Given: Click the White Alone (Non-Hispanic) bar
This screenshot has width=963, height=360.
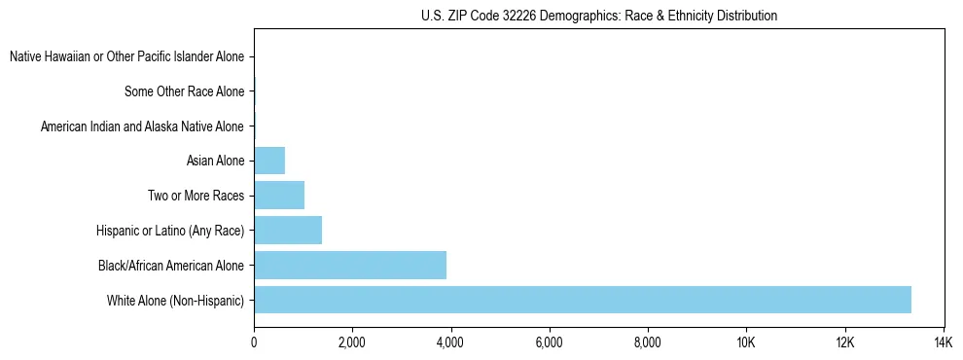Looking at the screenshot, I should click(x=582, y=300).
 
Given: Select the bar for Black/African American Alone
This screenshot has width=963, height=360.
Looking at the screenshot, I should click(x=350, y=265).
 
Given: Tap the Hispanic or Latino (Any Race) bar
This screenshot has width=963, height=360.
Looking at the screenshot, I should click(x=288, y=231).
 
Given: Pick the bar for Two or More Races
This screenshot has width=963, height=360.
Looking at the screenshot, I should click(x=279, y=196).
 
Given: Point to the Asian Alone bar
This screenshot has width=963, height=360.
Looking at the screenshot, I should click(x=269, y=161).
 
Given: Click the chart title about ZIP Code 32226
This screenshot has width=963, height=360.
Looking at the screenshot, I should click(x=599, y=17).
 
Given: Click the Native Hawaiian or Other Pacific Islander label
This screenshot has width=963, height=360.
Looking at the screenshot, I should click(x=126, y=57).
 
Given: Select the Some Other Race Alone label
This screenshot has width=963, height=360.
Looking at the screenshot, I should click(x=184, y=92).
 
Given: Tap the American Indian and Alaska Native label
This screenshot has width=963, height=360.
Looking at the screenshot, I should click(x=142, y=126).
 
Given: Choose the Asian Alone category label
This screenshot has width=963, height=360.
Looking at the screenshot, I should click(x=215, y=162).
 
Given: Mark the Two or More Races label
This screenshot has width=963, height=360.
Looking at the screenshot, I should click(x=196, y=197).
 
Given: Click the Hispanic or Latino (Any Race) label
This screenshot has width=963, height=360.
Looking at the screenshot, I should click(x=170, y=231).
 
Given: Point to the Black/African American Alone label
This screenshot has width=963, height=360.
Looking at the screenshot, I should click(x=171, y=266).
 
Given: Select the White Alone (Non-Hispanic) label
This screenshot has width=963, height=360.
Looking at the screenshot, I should click(x=175, y=301).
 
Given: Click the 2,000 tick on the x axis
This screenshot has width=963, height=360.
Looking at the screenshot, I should click(x=352, y=342).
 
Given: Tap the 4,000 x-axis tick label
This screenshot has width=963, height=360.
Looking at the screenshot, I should click(x=450, y=342).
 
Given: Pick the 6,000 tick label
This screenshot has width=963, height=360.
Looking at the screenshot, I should click(x=550, y=342).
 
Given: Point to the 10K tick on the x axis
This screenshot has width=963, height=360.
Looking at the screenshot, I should click(x=746, y=342).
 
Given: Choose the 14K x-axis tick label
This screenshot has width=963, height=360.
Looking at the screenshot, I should click(x=943, y=342).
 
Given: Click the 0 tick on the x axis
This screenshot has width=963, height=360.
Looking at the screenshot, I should click(x=254, y=342).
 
